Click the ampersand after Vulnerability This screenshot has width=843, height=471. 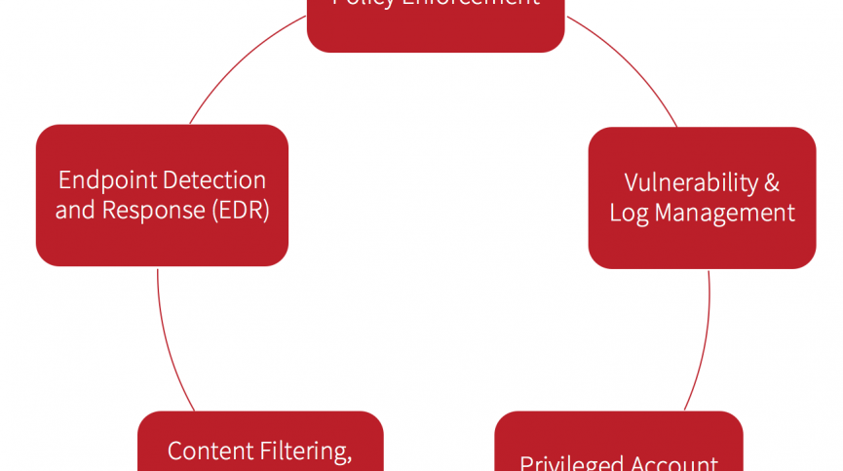[x=772, y=182]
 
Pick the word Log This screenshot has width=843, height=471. [x=629, y=213]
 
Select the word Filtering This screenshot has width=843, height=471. [x=304, y=451]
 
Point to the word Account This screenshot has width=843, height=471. [x=678, y=462]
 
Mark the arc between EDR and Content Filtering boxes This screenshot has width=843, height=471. [x=169, y=341]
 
